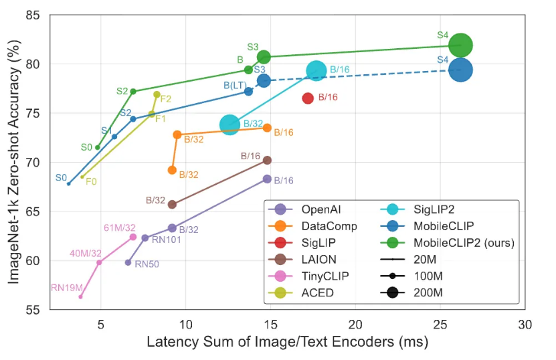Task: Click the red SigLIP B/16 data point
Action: pos(308,98)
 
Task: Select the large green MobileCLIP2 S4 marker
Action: pos(460,46)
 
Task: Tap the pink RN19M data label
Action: pos(66,288)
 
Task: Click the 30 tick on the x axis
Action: pos(525,325)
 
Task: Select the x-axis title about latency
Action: pos(287,343)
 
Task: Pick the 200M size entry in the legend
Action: pos(428,292)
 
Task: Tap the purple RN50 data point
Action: pos(128,262)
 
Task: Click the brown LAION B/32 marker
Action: pos(172,204)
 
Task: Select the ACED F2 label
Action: pos(165,98)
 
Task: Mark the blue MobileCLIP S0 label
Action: pos(61,178)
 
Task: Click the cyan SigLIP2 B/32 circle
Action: pos(229,124)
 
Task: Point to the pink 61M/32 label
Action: pos(120,228)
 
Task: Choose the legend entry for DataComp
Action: pos(329,226)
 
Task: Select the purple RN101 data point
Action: pos(145,238)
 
